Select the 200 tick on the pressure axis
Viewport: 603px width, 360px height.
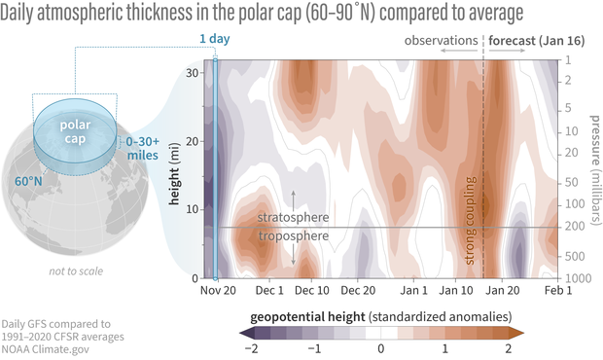click(575, 227)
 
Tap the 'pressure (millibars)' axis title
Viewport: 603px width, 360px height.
click(595, 170)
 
